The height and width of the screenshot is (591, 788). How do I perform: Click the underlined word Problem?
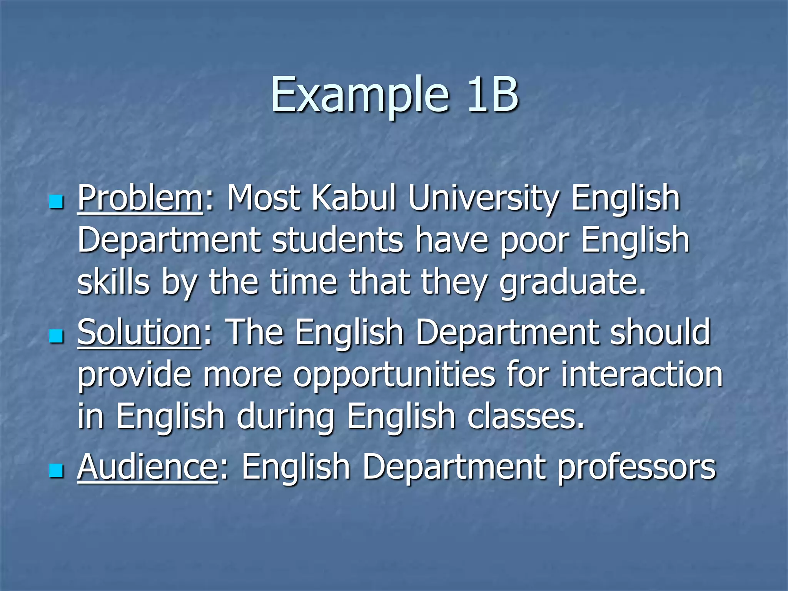click(140, 199)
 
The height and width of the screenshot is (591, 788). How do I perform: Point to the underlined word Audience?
click(147, 467)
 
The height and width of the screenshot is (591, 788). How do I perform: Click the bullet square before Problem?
click(56, 201)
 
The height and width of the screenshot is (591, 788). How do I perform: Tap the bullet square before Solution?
click(56, 336)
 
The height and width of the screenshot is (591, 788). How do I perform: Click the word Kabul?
click(354, 199)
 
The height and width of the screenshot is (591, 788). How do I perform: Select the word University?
click(483, 199)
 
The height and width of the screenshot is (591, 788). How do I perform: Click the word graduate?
click(573, 282)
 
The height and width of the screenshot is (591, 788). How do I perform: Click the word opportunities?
click(394, 375)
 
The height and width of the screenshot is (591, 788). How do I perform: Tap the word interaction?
click(641, 375)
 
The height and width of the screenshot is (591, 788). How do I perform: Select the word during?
click(285, 417)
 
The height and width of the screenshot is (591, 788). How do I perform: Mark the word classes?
click(526, 417)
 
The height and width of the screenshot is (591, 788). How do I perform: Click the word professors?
click(636, 467)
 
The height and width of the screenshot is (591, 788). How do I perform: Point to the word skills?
click(113, 282)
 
